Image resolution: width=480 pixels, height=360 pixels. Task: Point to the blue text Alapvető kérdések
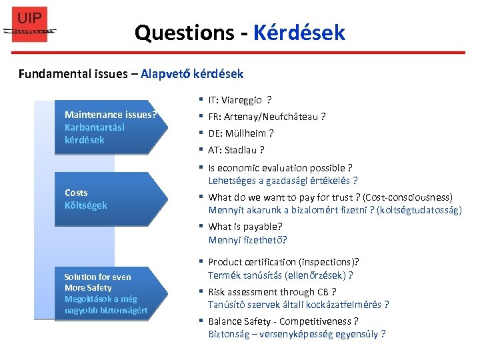pos(192,73)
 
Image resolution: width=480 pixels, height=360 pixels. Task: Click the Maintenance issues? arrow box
pos(110,127)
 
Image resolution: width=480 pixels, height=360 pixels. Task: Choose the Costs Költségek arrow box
pos(110,199)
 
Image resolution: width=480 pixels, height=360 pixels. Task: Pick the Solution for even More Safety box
pos(110,293)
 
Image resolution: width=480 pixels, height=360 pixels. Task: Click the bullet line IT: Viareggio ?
pos(239,101)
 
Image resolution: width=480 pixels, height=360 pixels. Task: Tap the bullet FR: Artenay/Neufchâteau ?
pos(267,117)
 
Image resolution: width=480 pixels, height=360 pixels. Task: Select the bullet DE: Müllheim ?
pos(241,133)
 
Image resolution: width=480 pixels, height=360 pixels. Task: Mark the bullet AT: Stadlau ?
pos(236,150)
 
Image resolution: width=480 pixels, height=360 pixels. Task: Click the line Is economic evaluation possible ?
pos(280,168)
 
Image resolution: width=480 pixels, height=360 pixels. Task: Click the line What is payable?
pos(245,227)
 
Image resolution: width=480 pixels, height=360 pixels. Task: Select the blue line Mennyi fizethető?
pos(247,240)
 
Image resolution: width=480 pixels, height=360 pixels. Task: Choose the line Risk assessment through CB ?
pos(272,292)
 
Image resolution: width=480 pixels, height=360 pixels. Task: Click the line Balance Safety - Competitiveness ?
pos(283,321)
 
